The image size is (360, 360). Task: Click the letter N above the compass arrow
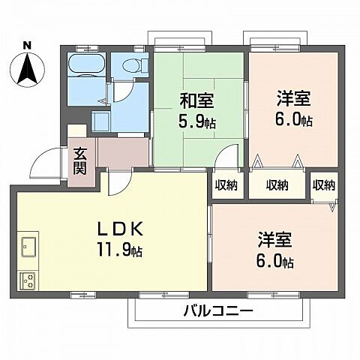[x=27, y=44]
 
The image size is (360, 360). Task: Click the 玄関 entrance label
[x=80, y=161]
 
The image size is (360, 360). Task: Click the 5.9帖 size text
[x=197, y=121]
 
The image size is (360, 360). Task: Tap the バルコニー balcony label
[x=218, y=310]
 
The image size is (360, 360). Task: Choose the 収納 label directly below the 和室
[x=226, y=185]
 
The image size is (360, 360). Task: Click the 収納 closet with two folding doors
[x=277, y=184]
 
